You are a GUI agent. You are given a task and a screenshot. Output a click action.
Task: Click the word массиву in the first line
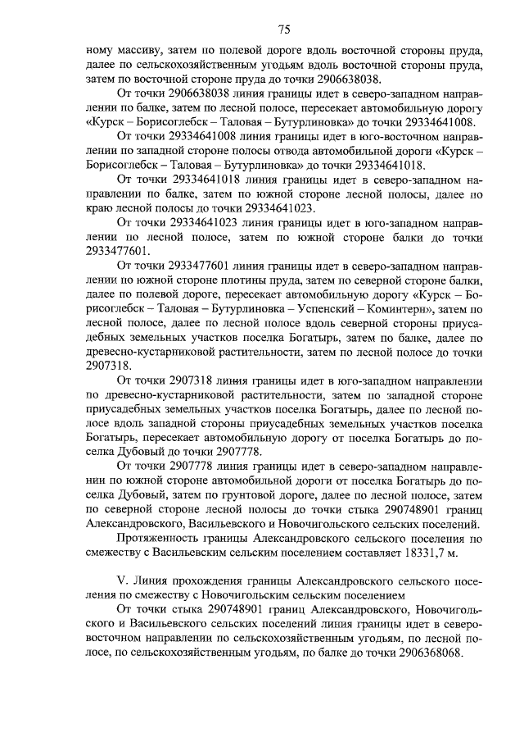[132, 52]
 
